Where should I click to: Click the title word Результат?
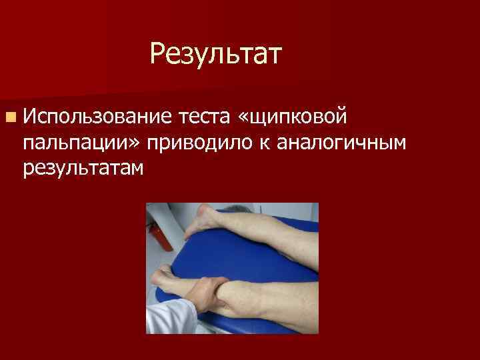[217, 53]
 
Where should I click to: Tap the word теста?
[203, 118]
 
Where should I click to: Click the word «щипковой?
[291, 119]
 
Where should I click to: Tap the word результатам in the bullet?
[83, 168]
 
